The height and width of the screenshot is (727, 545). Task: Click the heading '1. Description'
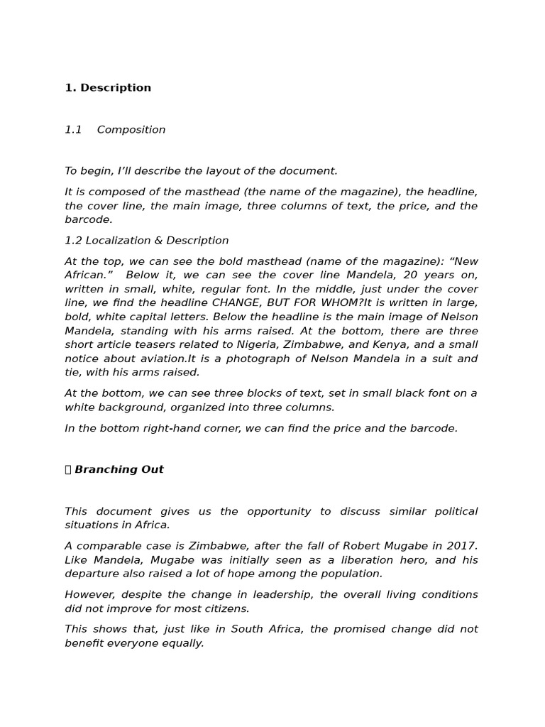click(108, 88)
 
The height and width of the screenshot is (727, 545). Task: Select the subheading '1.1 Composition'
click(115, 130)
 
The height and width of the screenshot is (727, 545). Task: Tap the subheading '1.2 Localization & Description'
click(147, 241)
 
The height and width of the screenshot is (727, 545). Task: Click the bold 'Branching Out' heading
click(119, 469)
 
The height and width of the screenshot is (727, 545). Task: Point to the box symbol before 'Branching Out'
click(68, 469)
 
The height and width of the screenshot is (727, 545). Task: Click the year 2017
click(463, 546)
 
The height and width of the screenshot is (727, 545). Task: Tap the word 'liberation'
click(362, 560)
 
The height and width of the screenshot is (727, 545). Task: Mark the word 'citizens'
click(226, 608)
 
